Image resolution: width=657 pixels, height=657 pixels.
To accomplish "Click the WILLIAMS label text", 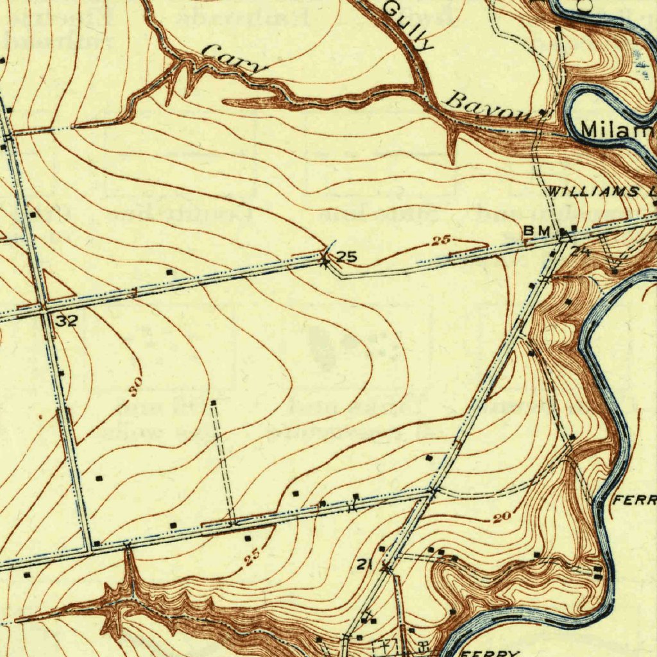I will (593, 192).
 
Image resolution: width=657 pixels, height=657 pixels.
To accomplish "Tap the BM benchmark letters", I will (538, 230).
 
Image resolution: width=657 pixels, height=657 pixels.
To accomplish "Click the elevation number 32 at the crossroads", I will (66, 321).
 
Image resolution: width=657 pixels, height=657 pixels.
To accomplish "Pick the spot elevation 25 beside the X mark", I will (346, 257).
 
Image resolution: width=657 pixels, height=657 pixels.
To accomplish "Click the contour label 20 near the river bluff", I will (502, 518).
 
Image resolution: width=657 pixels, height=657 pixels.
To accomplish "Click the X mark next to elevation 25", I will (326, 260).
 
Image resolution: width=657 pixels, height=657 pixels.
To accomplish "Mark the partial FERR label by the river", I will (635, 500).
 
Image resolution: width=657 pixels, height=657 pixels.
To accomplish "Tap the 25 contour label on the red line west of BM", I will (440, 241).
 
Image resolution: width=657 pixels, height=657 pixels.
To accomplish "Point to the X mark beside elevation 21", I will (386, 567).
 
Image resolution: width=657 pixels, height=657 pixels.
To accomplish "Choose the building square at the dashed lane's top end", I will (214, 402).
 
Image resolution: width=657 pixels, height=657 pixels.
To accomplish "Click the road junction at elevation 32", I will (44, 309).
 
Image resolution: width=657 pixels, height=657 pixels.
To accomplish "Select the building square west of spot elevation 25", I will (169, 273).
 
